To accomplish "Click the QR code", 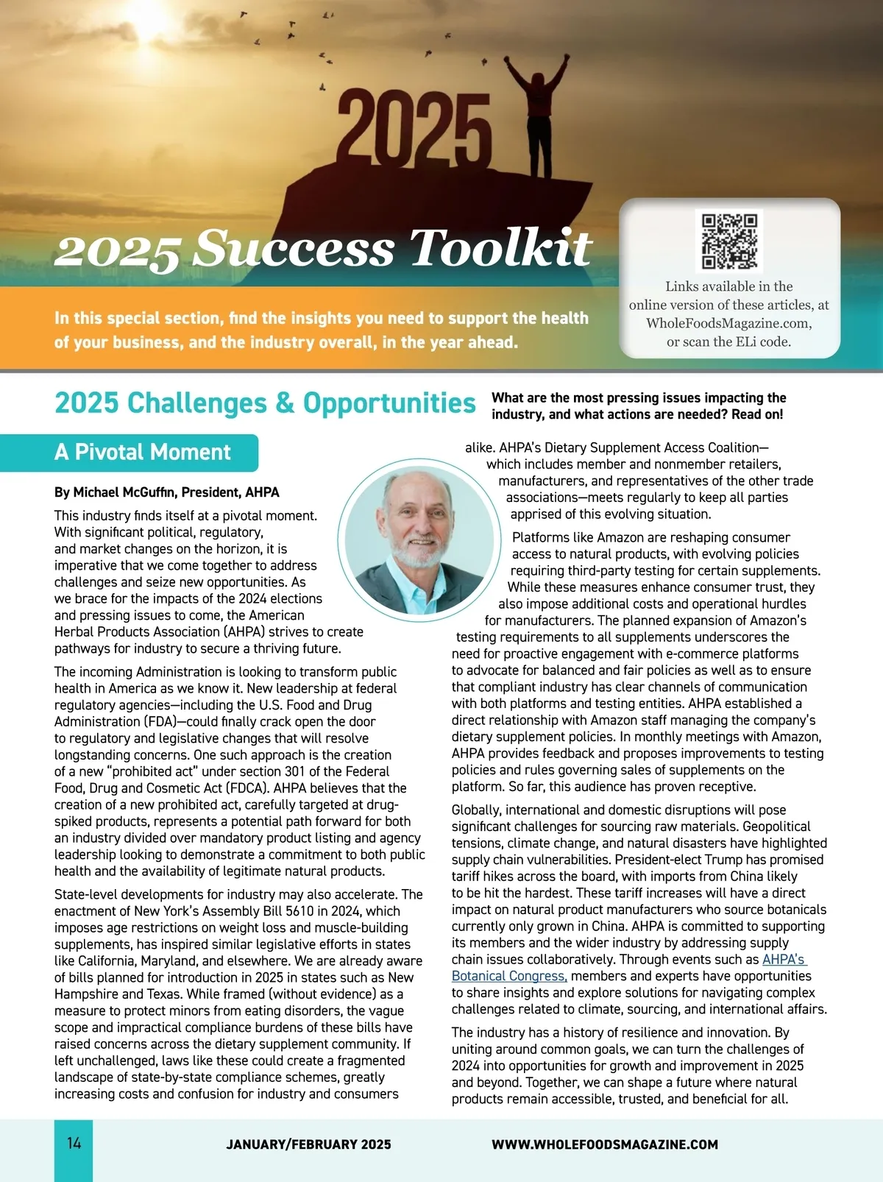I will click(x=728, y=241).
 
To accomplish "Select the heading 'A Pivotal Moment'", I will click(x=143, y=452).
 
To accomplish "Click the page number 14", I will click(x=74, y=1143).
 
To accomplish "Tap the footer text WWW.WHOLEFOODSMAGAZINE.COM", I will click(x=604, y=1144).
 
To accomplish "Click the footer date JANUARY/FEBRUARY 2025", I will click(x=308, y=1144).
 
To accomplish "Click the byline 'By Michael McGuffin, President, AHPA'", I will click(x=166, y=492).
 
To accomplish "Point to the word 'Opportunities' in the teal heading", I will click(x=389, y=403).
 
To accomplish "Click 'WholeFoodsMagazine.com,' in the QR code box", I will click(x=728, y=323).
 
